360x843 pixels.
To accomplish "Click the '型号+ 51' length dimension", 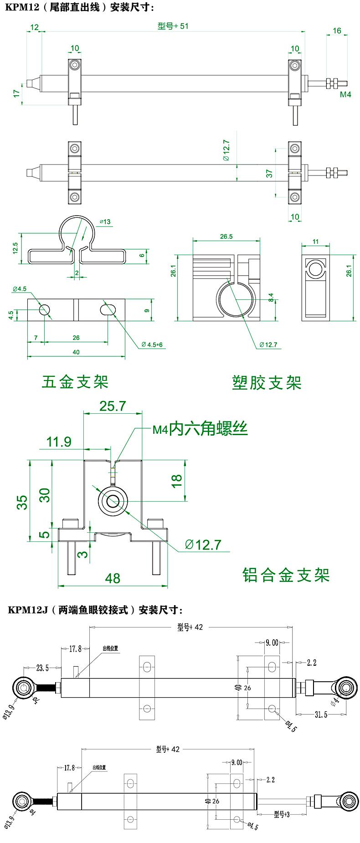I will pyautogui.click(x=173, y=26).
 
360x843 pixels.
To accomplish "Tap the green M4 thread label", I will pyautogui.click(x=345, y=94).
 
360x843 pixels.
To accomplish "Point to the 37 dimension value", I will pyautogui.click(x=269, y=174).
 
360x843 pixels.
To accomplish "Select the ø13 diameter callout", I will pyautogui.click(x=105, y=222).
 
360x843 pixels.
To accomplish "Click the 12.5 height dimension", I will pyautogui.click(x=15, y=247).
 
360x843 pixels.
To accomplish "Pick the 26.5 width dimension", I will pyautogui.click(x=226, y=236).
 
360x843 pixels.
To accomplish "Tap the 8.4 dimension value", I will pyautogui.click(x=271, y=298).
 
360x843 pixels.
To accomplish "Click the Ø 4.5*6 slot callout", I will pyautogui.click(x=152, y=344).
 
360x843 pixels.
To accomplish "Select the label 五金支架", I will pyautogui.click(x=75, y=382).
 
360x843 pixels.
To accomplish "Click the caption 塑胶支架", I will pyautogui.click(x=267, y=383).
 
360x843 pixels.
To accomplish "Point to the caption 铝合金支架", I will pyautogui.click(x=286, y=575).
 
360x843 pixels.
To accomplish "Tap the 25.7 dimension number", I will pyautogui.click(x=113, y=406).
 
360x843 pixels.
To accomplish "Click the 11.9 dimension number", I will pyautogui.click(x=59, y=442).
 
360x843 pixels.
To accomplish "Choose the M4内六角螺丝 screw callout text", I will pyautogui.click(x=200, y=429).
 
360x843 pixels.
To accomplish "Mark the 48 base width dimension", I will pyautogui.click(x=113, y=578).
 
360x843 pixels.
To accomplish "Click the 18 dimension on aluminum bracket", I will pyautogui.click(x=176, y=481).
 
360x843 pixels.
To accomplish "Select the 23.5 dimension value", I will pyautogui.click(x=42, y=668).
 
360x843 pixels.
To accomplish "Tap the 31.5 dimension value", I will pyautogui.click(x=321, y=714).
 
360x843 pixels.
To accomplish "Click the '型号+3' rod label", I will pyautogui.click(x=282, y=814).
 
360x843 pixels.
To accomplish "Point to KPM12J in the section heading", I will pyautogui.click(x=28, y=610).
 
